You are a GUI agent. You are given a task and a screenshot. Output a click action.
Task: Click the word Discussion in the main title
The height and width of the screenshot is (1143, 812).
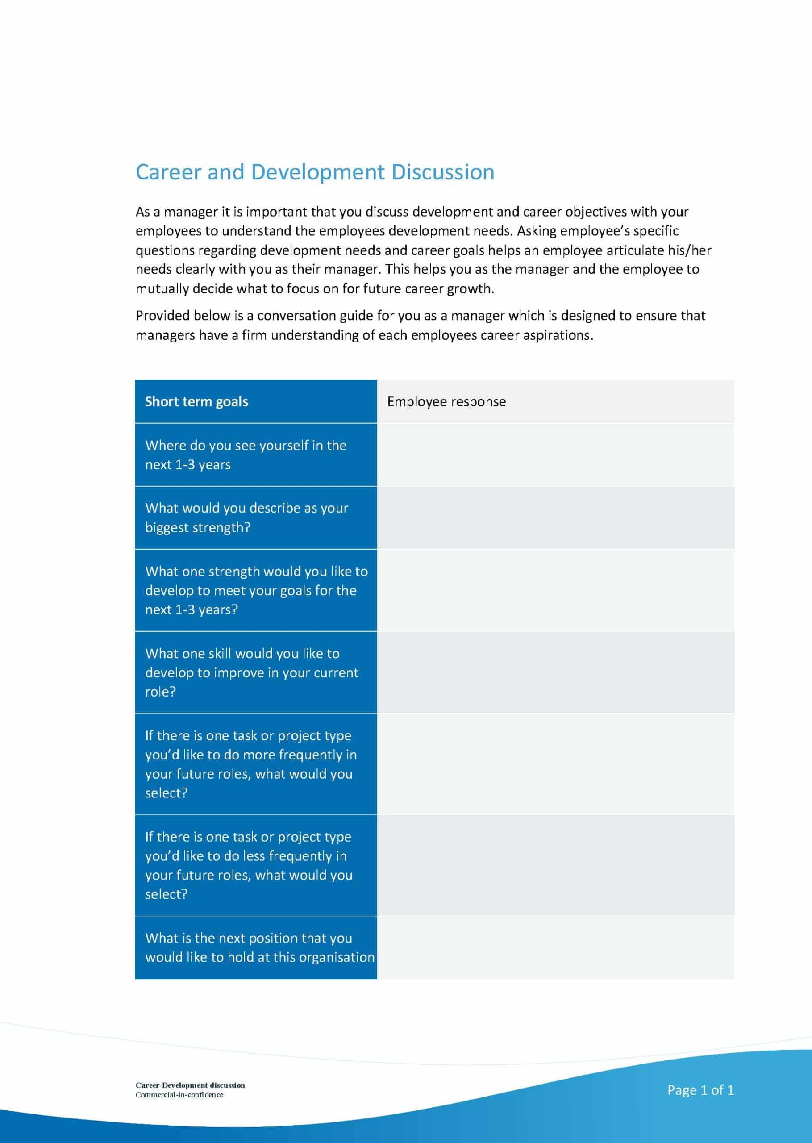(x=442, y=172)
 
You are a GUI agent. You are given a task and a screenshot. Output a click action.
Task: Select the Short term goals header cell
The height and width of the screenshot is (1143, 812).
(x=196, y=401)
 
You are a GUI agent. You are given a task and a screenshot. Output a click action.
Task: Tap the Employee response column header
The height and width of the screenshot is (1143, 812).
(x=446, y=401)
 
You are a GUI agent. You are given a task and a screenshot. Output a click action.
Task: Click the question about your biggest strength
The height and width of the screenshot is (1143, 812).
(x=246, y=517)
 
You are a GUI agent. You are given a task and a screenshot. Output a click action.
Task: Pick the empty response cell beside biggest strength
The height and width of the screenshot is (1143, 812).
(x=555, y=517)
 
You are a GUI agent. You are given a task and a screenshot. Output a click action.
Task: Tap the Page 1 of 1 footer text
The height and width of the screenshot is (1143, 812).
(x=700, y=1090)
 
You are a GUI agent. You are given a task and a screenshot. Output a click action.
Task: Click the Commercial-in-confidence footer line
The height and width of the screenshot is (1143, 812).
(x=179, y=1095)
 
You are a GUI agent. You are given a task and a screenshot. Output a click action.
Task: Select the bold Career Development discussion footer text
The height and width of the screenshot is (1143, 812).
(x=190, y=1085)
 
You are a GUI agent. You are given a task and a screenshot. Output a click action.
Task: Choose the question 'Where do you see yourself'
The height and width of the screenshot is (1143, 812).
(x=246, y=455)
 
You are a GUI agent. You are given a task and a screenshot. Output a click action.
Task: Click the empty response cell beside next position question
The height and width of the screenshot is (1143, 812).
(x=555, y=947)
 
